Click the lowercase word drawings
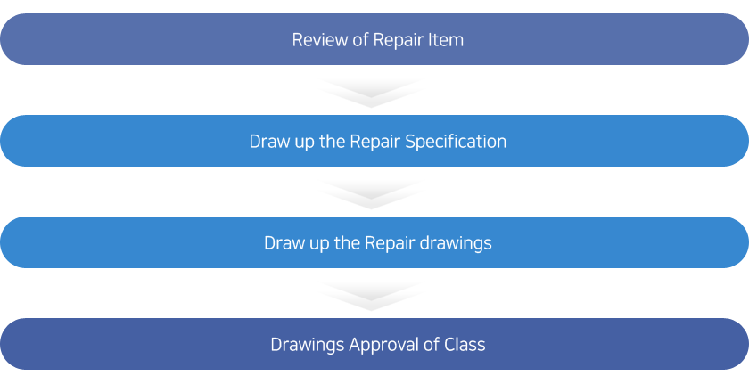tap(456, 244)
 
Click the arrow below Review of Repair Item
tap(371, 94)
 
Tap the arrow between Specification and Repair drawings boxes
tap(371, 195)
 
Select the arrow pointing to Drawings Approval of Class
tap(371, 297)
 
